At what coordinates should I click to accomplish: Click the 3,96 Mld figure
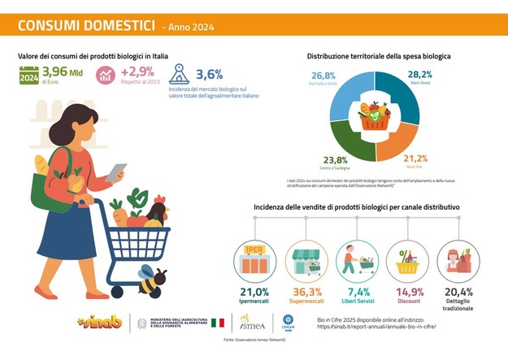click(x=62, y=72)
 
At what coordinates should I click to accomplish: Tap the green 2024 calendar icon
click(x=28, y=77)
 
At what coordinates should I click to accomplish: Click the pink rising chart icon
click(x=106, y=76)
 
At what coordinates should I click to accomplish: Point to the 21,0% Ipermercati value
click(x=254, y=292)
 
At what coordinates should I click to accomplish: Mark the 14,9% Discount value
click(x=409, y=292)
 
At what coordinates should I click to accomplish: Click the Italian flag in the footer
click(x=218, y=323)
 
